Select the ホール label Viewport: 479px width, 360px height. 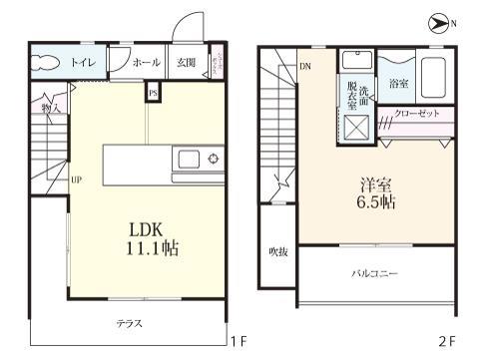pos(146,62)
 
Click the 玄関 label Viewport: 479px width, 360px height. pos(186,62)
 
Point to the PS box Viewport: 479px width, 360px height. pos(153,93)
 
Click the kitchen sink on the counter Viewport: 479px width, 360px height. pos(189,159)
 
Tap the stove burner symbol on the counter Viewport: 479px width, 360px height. pos(213,159)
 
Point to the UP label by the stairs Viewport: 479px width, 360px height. pos(75,180)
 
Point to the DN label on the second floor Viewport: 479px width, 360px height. pos(305,67)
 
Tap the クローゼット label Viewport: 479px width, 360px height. pos(416,113)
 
